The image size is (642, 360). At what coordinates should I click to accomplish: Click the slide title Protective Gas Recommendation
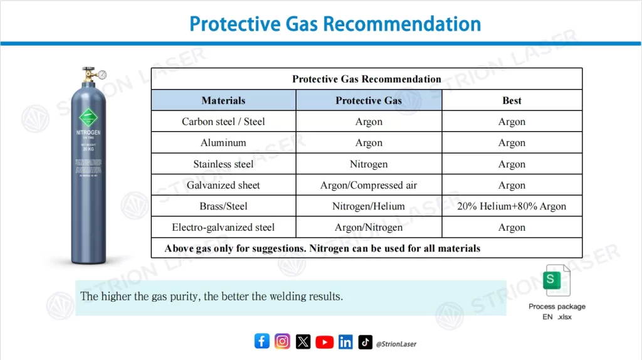pyautogui.click(x=335, y=24)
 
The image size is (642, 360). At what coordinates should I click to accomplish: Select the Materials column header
pyautogui.click(x=223, y=100)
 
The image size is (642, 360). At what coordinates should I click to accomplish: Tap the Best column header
pyautogui.click(x=512, y=100)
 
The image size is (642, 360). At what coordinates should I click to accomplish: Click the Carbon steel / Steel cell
pyautogui.click(x=223, y=122)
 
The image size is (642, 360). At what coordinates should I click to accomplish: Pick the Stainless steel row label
pyautogui.click(x=223, y=164)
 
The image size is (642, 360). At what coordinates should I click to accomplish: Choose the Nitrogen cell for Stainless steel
pyautogui.click(x=369, y=164)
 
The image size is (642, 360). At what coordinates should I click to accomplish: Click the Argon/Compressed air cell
pyautogui.click(x=369, y=186)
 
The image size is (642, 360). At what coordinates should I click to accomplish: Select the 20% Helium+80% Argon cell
pyautogui.click(x=512, y=206)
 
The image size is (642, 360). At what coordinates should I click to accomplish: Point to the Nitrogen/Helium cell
pyautogui.click(x=369, y=206)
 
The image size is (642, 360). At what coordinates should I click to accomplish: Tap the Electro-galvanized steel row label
pyautogui.click(x=223, y=228)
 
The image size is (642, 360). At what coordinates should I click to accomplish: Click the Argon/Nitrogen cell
pyautogui.click(x=369, y=228)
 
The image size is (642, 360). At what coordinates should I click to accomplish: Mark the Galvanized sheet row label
pyautogui.click(x=223, y=186)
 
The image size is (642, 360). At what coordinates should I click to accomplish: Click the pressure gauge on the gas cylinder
pyautogui.click(x=102, y=75)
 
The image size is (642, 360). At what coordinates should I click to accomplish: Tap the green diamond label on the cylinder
pyautogui.click(x=88, y=118)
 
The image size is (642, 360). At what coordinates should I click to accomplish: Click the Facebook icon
pyautogui.click(x=262, y=341)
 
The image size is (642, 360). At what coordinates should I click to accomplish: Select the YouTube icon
pyautogui.click(x=324, y=342)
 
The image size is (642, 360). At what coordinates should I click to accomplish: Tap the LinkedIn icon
pyautogui.click(x=345, y=342)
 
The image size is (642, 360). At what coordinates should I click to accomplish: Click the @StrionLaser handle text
pyautogui.click(x=396, y=344)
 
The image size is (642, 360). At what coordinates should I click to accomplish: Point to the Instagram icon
pyautogui.click(x=283, y=341)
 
